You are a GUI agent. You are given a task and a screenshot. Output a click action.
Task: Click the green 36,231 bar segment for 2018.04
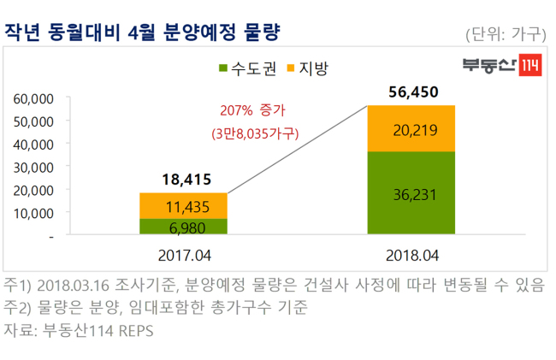point(411,192)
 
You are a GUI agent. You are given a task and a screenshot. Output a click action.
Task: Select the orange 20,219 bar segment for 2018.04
point(411,128)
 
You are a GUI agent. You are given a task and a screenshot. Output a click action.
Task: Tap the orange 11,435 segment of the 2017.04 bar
point(183,206)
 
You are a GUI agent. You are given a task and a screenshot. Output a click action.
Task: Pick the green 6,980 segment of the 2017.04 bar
point(183,227)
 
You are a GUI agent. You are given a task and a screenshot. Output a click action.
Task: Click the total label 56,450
point(413,92)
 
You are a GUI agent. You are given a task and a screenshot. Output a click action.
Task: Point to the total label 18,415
point(186,180)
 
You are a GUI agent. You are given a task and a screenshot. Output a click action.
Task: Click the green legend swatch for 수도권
point(223,68)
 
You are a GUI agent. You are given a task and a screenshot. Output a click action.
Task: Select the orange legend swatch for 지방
point(291,68)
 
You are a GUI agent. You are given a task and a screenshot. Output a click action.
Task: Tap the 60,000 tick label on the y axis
point(33,99)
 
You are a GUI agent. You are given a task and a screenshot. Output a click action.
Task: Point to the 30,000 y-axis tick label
point(33,168)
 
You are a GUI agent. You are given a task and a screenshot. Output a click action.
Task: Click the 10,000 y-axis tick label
point(33,213)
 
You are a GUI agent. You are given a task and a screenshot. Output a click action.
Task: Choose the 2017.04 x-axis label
point(185,256)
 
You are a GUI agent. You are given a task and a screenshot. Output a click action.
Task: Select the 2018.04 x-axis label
point(412,256)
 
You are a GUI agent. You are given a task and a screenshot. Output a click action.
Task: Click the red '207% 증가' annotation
point(252,110)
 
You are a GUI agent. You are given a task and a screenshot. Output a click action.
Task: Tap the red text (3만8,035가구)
point(255,133)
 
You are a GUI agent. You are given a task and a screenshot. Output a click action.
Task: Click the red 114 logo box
point(530,65)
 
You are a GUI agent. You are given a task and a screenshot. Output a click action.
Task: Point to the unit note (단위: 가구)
point(506,34)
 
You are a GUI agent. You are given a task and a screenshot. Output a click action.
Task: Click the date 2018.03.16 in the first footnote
point(73,286)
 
